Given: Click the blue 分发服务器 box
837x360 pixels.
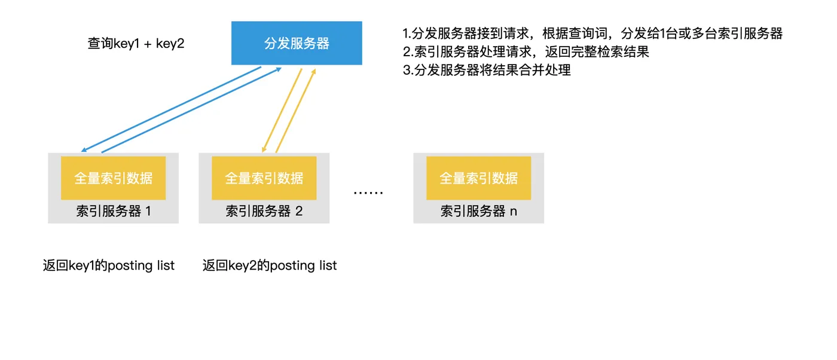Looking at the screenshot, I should [297, 43].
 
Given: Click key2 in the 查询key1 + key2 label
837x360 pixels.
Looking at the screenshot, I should [170, 44].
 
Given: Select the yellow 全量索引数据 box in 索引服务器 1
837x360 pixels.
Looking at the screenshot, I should [113, 178].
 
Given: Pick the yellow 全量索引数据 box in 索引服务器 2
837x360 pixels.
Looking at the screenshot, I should [264, 178].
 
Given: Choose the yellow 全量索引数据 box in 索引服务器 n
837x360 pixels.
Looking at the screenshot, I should [478, 178].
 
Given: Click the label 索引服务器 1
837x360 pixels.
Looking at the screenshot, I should [113, 211].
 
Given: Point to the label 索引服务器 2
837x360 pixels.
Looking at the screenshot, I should [264, 211].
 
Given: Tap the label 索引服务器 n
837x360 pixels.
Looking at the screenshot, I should [478, 211].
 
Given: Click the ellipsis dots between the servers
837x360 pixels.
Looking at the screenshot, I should [368, 193].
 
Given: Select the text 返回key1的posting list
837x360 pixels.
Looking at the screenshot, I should [109, 266].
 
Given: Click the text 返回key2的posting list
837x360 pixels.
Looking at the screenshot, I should [270, 266].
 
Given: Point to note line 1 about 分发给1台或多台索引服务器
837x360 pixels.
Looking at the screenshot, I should [592, 33].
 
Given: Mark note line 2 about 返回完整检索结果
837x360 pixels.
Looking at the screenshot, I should [526, 52].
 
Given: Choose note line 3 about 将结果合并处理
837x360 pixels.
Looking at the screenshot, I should [487, 71].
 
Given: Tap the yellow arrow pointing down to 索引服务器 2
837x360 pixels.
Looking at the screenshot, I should [282, 110].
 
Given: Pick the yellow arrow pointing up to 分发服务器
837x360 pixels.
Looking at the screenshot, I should [295, 111].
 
